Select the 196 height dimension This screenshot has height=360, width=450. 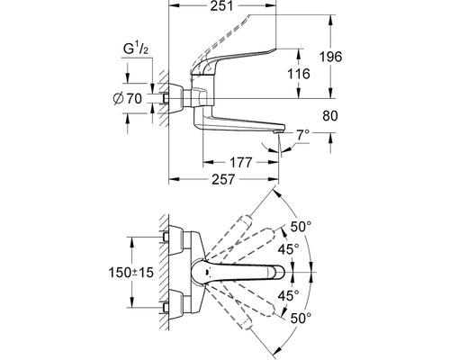330,57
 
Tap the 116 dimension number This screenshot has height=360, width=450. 299,74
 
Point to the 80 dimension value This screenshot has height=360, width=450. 330,115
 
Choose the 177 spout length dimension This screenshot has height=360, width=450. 240,162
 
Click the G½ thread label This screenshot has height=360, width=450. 136,49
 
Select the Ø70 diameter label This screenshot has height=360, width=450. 128,98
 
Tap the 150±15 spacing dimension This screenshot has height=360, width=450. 130,273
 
